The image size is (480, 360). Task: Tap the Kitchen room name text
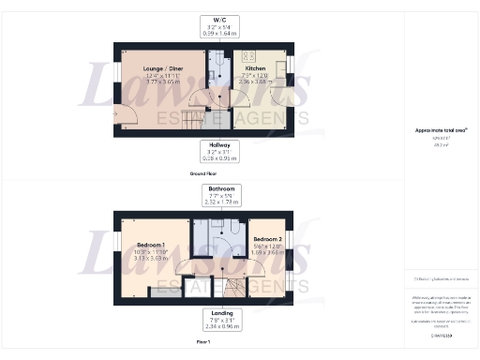255,68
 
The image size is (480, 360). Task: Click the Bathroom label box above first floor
222,194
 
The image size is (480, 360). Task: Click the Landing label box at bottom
222,318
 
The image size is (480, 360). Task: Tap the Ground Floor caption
205,174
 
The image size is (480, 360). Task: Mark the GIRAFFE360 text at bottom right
440,333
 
